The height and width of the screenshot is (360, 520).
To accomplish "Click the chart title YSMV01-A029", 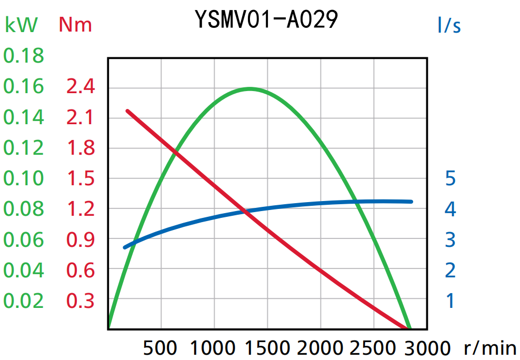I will click(x=266, y=19).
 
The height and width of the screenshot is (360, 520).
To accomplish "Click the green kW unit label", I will click(x=21, y=25).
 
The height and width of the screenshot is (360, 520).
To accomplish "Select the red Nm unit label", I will click(x=75, y=25).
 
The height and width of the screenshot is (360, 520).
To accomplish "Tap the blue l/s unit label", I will click(x=449, y=25).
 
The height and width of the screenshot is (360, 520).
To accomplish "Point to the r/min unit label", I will click(x=490, y=348).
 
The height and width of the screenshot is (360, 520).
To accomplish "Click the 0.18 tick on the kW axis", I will click(x=24, y=55).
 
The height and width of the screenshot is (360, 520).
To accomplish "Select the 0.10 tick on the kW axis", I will click(x=24, y=178).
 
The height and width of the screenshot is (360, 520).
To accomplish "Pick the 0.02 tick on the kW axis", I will click(x=24, y=301).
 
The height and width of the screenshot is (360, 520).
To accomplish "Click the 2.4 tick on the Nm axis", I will click(x=81, y=86).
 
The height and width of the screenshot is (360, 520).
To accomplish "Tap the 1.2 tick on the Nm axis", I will click(x=81, y=209).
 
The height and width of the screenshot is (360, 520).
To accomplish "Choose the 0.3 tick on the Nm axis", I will click(x=81, y=301).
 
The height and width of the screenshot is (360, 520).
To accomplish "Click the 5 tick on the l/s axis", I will click(x=450, y=178).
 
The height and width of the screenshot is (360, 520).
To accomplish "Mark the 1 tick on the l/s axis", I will click(x=450, y=301).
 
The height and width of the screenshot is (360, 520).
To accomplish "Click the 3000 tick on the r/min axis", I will click(x=427, y=348).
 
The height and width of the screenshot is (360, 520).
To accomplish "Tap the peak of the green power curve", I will click(x=249, y=88).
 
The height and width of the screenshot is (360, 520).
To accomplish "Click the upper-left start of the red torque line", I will click(x=127, y=111).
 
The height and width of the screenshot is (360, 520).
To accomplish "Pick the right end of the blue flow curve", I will click(x=411, y=202).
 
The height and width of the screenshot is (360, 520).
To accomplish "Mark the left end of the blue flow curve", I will click(x=125, y=247).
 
